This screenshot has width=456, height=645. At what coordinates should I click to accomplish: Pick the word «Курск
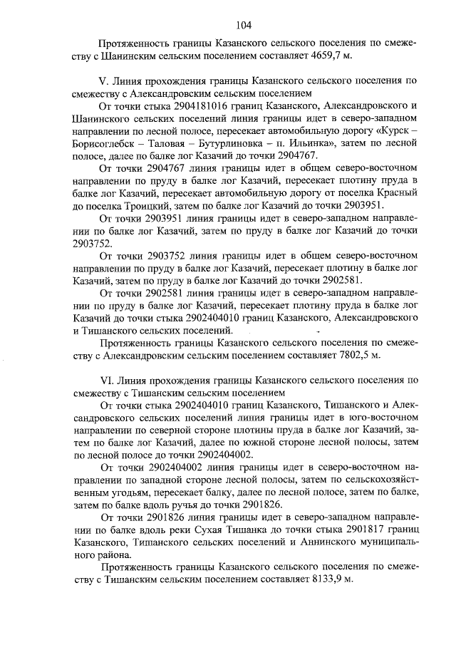tap(392, 133)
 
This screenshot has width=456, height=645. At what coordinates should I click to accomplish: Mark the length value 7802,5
tap(351, 354)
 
